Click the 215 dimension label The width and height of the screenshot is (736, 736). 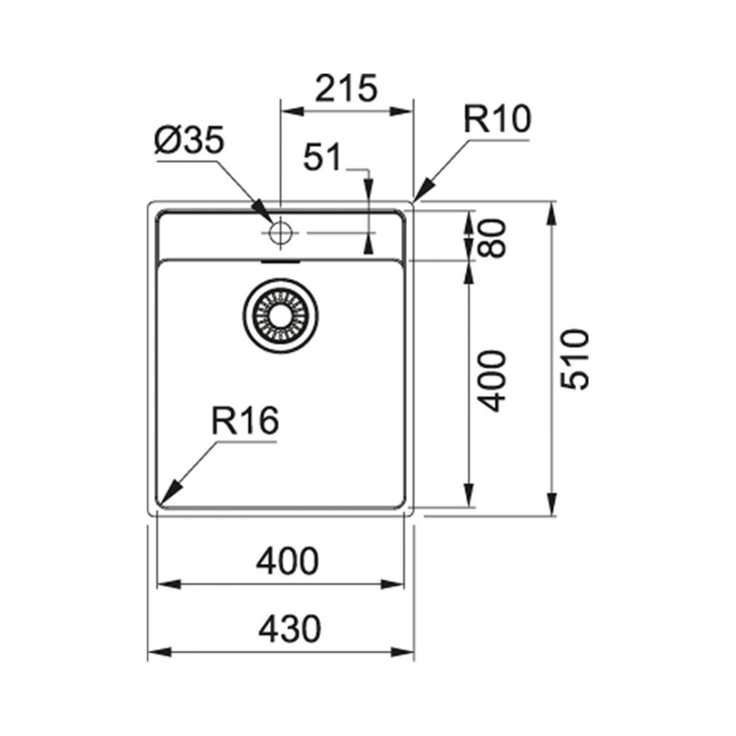(x=347, y=88)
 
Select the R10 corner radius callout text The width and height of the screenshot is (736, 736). (x=497, y=119)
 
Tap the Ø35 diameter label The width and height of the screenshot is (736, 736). (x=190, y=141)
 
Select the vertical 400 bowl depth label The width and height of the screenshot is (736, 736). (x=492, y=381)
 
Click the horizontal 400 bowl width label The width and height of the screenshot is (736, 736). (x=287, y=561)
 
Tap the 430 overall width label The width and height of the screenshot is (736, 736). (x=289, y=629)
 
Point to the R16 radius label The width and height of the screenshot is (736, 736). (x=245, y=420)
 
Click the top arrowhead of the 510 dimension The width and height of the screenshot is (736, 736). (x=553, y=213)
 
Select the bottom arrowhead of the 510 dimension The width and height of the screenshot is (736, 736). (x=553, y=504)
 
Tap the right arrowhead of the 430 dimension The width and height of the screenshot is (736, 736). (x=403, y=652)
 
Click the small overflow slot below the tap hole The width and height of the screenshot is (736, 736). (x=280, y=261)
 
